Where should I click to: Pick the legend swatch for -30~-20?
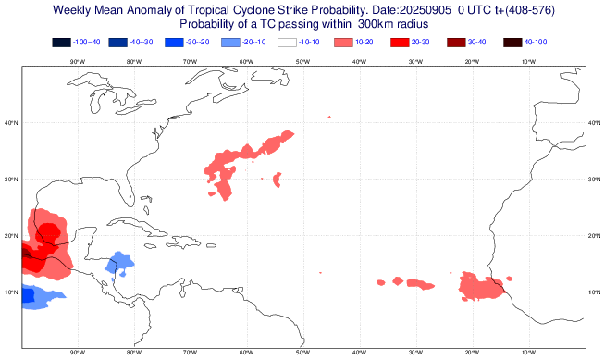(x=175, y=43)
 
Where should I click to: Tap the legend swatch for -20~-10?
(x=230, y=43)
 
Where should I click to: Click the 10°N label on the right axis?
(x=594, y=292)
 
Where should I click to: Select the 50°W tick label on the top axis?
(x=302, y=61)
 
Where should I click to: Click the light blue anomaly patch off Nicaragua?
(x=117, y=264)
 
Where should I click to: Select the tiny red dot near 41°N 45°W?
(x=329, y=117)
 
